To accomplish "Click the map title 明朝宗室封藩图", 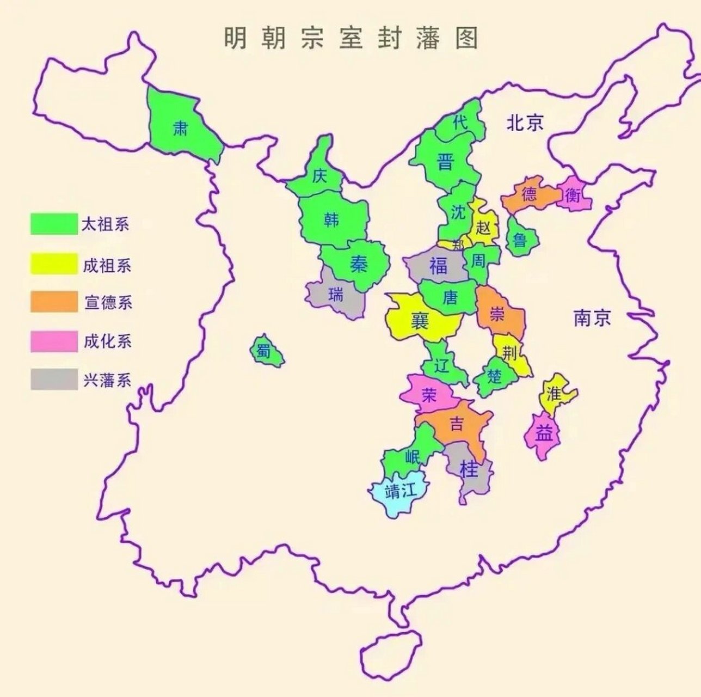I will (x=350, y=39).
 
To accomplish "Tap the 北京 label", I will (x=525, y=123).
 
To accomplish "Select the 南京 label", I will (x=592, y=317).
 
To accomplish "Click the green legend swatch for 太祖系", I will (x=53, y=223).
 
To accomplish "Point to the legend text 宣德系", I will (x=108, y=302).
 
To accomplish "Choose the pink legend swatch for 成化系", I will (x=53, y=341).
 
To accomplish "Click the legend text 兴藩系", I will (x=107, y=380).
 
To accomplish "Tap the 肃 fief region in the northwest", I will (x=181, y=128).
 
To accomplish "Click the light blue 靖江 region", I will (x=399, y=493).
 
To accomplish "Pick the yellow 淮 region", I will (x=554, y=393).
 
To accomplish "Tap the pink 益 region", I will (x=543, y=434).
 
